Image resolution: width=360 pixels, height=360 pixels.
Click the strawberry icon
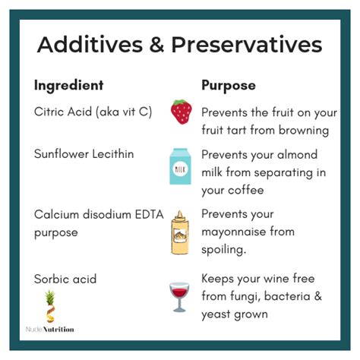182,112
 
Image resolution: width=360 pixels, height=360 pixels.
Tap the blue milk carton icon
180,166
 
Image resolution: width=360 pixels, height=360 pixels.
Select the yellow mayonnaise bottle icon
180,232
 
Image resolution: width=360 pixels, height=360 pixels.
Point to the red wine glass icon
179,297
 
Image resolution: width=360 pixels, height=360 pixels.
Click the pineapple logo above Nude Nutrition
50,307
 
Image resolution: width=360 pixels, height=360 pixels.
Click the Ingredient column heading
69,85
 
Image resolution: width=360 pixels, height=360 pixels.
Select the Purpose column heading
229,85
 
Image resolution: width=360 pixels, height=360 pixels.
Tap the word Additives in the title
90,45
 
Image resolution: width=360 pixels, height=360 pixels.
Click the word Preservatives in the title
247,45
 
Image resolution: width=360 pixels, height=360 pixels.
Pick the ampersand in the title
157,45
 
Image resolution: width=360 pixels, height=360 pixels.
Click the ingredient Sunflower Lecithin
84,154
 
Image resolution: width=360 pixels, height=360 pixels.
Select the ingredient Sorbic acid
65,279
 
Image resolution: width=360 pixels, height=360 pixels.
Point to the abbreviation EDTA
149,215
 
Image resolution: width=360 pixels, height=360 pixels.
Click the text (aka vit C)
124,112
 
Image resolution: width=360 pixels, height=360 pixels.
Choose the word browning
304,130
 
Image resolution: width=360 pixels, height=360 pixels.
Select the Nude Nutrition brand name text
50,330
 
